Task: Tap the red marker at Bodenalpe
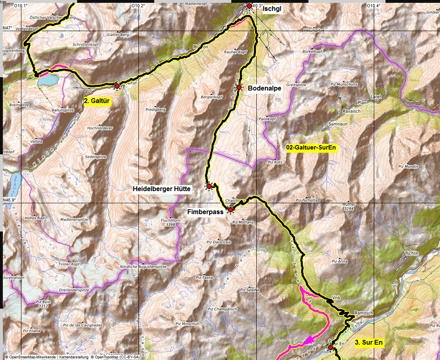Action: pos(239,87)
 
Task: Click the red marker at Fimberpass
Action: pos(230,210)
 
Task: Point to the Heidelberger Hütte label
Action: pos(161,189)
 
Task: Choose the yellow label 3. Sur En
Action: pos(369,342)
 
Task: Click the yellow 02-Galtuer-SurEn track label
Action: pos(311,148)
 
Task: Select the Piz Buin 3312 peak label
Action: pos(43,304)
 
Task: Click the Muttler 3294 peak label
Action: pos(348,207)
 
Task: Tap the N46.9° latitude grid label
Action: pos(10,200)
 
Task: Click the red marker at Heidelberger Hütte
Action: pos(209,186)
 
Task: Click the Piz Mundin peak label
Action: pos(408,166)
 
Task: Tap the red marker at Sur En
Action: pos(330,347)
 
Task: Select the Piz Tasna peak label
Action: pos(204,278)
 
